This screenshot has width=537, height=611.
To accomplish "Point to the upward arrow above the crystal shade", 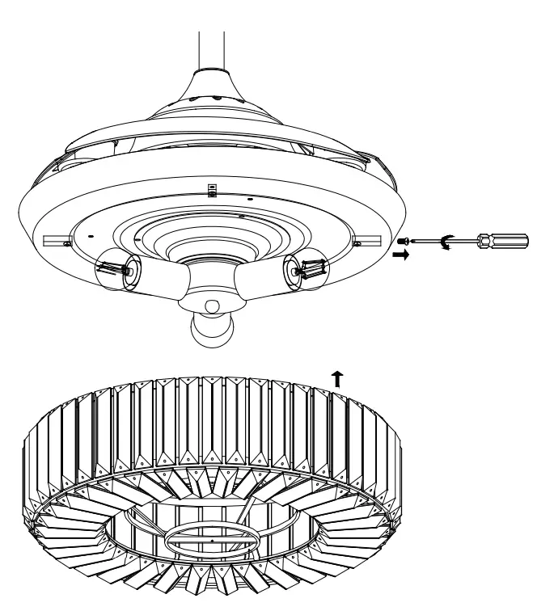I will pyautogui.click(x=336, y=373).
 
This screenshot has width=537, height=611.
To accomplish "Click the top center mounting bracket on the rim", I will pyautogui.click(x=212, y=189).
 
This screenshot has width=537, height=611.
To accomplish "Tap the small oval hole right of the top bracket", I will pyautogui.click(x=249, y=199).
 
